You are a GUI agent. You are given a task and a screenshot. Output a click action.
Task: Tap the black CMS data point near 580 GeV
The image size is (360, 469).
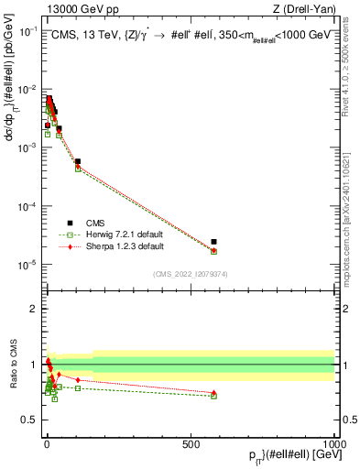[x=213, y=242]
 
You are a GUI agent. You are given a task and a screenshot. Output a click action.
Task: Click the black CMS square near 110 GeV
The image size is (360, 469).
[x=78, y=161]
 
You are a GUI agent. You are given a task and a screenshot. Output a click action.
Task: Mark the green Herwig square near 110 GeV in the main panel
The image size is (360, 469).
[x=78, y=169]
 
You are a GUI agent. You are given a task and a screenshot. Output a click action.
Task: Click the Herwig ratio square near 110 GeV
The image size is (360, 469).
[x=78, y=388]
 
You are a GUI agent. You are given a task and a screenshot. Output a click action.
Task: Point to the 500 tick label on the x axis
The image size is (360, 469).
[x=191, y=442]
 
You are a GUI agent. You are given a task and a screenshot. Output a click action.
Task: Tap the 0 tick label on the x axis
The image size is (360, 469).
[x=46, y=442]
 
